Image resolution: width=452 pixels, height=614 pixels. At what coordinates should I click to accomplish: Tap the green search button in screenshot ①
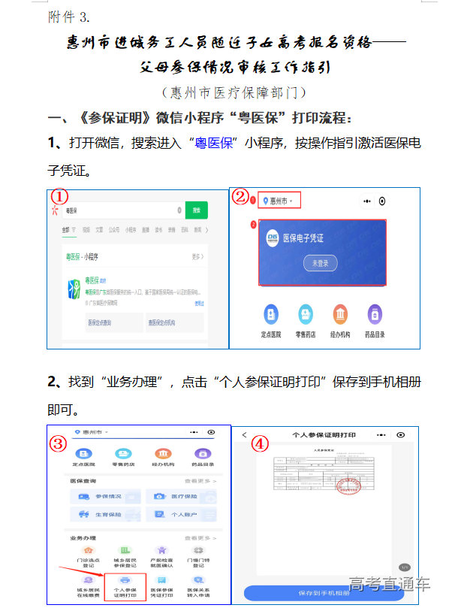(x=197, y=211)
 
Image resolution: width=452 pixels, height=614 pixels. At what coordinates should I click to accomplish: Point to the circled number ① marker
(x=59, y=195)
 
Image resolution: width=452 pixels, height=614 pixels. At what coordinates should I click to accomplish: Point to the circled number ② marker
(x=240, y=197)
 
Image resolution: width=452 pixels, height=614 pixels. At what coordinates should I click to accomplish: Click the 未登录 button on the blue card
(x=321, y=263)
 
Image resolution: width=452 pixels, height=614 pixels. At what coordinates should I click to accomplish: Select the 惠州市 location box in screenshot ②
(x=279, y=201)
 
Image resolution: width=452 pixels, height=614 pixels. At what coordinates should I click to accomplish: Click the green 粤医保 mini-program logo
(x=74, y=289)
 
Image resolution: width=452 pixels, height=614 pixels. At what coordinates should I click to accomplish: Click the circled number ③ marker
(x=59, y=443)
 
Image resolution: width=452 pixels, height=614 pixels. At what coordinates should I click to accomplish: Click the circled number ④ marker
(x=259, y=444)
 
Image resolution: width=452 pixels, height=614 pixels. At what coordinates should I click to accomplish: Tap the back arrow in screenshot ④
(x=245, y=435)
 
